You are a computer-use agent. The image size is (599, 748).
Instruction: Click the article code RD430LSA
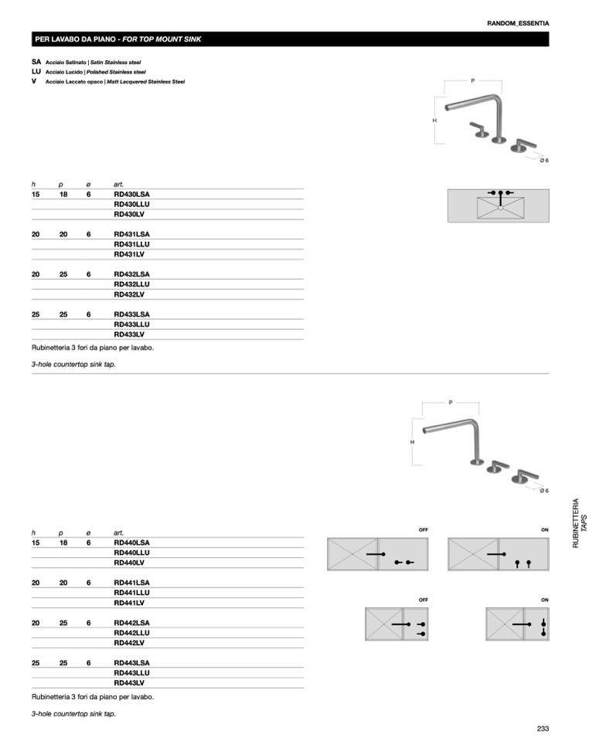tap(131, 194)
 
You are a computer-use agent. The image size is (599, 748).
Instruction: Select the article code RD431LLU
tap(131, 244)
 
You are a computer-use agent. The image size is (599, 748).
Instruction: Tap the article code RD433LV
tap(129, 335)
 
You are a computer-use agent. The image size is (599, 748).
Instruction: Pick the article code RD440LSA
tap(131, 542)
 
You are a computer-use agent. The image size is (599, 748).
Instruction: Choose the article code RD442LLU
tap(131, 633)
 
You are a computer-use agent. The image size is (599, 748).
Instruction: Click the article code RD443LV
tap(129, 682)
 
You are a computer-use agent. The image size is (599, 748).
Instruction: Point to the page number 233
tap(543, 729)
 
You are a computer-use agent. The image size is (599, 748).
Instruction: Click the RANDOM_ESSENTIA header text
tap(518, 23)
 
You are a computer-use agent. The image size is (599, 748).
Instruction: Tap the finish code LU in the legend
tap(36, 72)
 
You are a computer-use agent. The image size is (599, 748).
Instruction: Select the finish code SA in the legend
tap(36, 62)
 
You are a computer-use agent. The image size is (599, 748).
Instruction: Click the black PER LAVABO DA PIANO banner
tap(290, 39)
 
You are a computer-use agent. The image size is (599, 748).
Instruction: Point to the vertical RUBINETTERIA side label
tap(576, 523)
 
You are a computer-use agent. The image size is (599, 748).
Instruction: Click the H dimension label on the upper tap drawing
tap(434, 121)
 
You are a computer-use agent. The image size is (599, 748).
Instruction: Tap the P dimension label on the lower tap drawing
tap(451, 403)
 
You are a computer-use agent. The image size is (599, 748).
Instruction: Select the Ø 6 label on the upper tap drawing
tap(544, 160)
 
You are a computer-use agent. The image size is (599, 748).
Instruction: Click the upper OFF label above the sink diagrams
tap(424, 529)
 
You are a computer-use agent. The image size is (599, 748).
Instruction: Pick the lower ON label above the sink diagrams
tap(545, 600)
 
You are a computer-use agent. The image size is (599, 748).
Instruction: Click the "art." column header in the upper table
tap(118, 185)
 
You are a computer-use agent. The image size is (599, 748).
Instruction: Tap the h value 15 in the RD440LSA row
tap(36, 542)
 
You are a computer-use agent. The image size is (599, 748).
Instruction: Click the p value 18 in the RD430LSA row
tap(63, 194)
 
